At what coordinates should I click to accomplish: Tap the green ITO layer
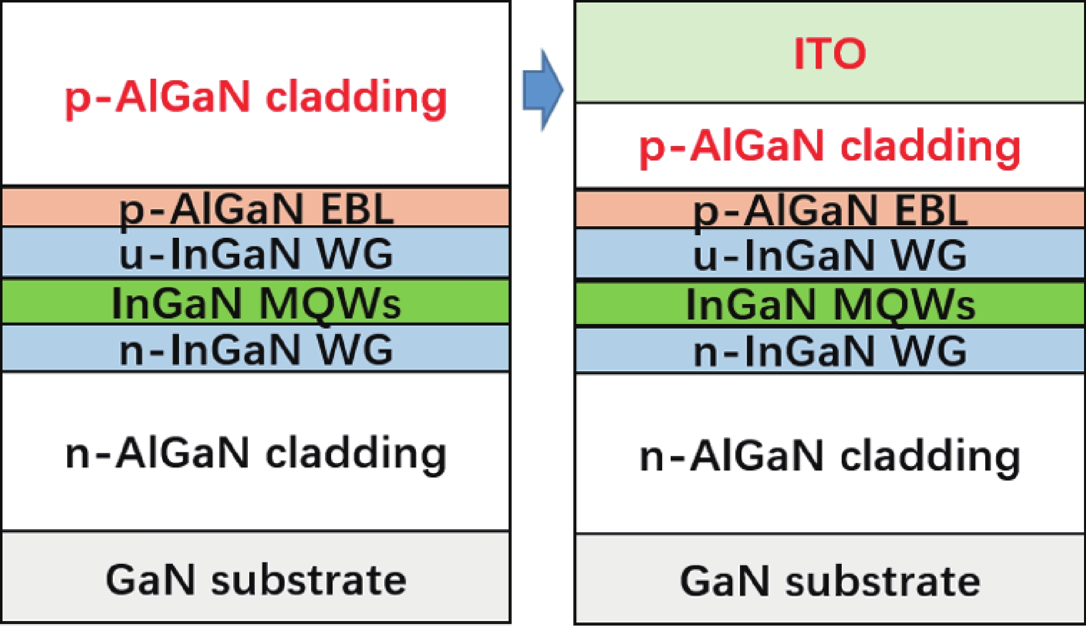830,53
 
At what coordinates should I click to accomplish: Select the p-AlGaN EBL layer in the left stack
256,207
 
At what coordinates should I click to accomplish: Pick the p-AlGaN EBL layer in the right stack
830,208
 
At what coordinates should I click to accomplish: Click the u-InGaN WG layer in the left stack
256,252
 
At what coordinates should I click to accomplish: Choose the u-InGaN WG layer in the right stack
830,254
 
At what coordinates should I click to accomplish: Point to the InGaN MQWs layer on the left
256,301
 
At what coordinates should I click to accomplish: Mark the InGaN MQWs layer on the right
830,303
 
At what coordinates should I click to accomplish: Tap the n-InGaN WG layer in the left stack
256,349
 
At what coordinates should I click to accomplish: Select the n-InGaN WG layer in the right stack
830,350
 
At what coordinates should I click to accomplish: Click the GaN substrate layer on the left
256,578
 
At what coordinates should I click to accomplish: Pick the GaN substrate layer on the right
830,580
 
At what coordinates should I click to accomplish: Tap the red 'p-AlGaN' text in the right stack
732,146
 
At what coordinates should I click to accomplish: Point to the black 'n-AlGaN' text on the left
158,453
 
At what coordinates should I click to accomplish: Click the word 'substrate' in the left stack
308,580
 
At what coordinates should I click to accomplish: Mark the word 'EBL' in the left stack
357,208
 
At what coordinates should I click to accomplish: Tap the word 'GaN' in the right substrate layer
724,581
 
